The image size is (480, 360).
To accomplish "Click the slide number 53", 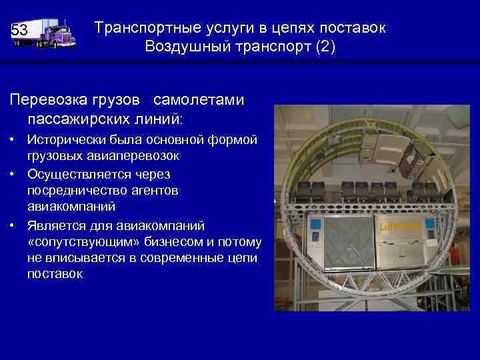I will point(19,31).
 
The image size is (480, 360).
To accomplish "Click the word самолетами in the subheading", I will point(199,100).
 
